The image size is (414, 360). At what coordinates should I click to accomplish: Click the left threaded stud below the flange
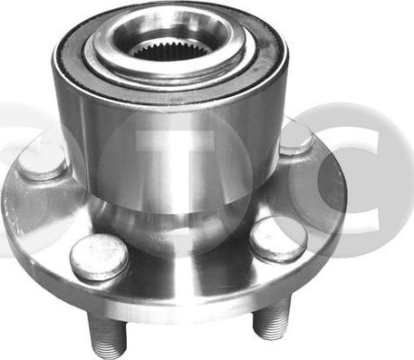(x=106, y=332)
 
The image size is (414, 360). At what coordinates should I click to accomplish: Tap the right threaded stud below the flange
(x=273, y=319)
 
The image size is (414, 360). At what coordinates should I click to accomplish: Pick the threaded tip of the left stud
(x=109, y=350)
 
